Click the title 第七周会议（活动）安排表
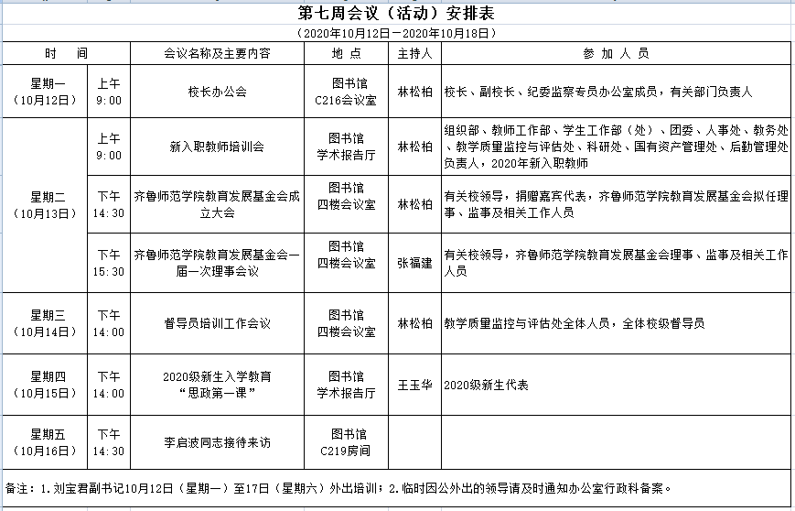click(397, 14)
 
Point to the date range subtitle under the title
click(397, 32)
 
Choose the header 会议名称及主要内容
click(217, 53)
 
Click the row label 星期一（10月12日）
click(45, 92)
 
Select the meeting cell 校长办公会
click(217, 92)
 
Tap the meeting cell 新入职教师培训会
click(217, 146)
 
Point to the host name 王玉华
click(414, 385)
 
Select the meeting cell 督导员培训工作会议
click(217, 323)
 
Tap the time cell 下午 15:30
click(109, 263)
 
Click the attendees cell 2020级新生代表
click(486, 386)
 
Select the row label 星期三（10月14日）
click(45, 323)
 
